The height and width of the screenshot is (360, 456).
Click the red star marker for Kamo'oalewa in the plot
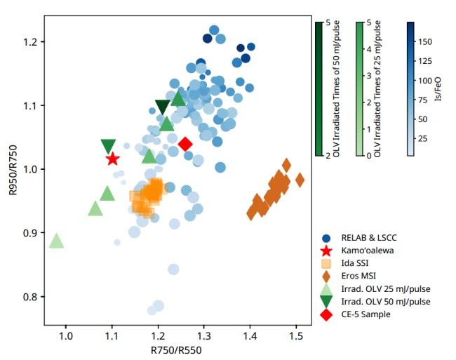[x=112, y=159]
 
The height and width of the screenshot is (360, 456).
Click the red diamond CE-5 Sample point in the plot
[x=186, y=144]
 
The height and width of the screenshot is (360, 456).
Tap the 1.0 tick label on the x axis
[x=66, y=335]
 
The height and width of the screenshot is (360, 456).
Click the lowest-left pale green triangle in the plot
[x=57, y=241]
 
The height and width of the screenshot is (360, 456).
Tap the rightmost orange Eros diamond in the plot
[x=300, y=180]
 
